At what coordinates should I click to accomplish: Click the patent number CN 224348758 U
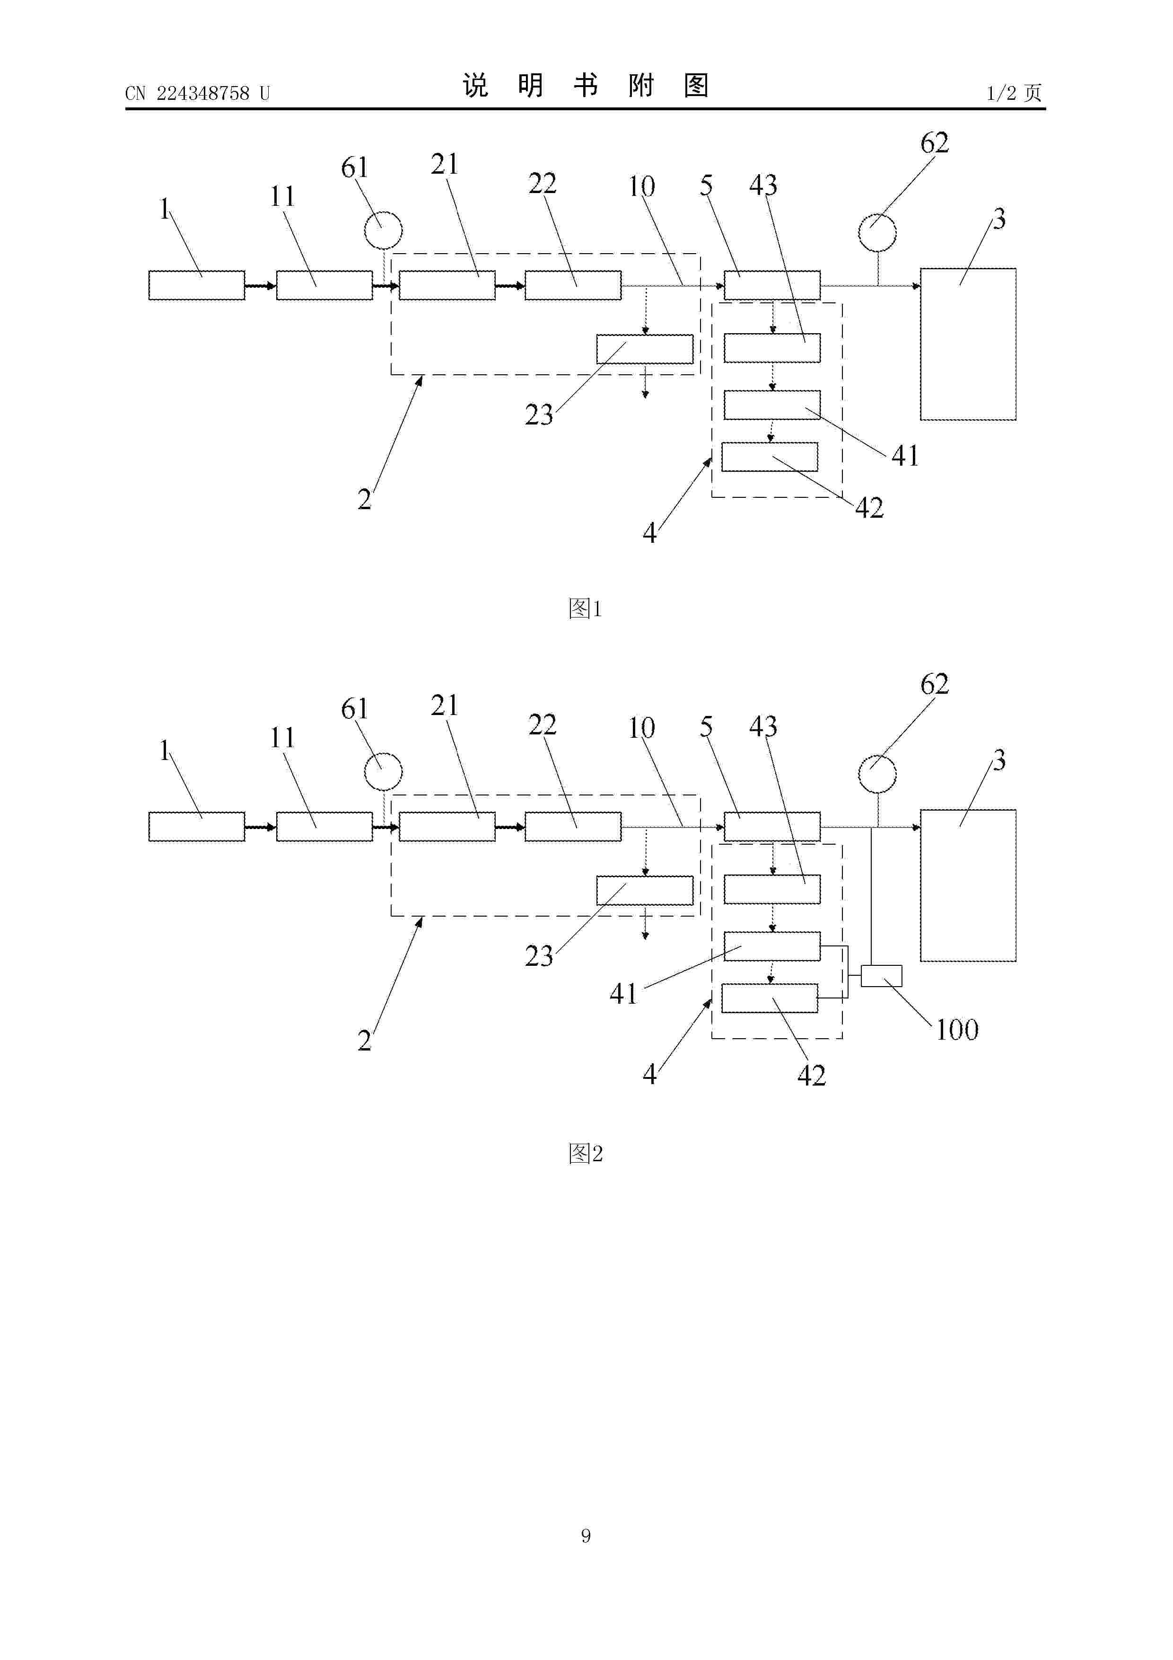coord(197,93)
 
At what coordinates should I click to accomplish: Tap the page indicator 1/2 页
coord(1014,93)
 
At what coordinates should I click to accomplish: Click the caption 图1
coord(586,609)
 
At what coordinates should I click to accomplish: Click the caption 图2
coord(586,1153)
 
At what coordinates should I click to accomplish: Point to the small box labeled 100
coord(882,976)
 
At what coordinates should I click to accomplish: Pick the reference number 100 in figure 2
coord(957,1030)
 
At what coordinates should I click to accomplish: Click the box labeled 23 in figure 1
coord(645,349)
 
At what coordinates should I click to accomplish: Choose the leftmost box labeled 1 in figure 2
coord(197,826)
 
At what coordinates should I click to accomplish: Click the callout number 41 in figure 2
coord(624,993)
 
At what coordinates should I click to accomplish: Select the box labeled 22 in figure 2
coord(573,826)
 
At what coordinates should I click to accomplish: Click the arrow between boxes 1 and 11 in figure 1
coord(260,286)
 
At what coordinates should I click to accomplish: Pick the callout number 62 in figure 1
coord(935,142)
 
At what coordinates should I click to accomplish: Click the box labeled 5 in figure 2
coord(772,826)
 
